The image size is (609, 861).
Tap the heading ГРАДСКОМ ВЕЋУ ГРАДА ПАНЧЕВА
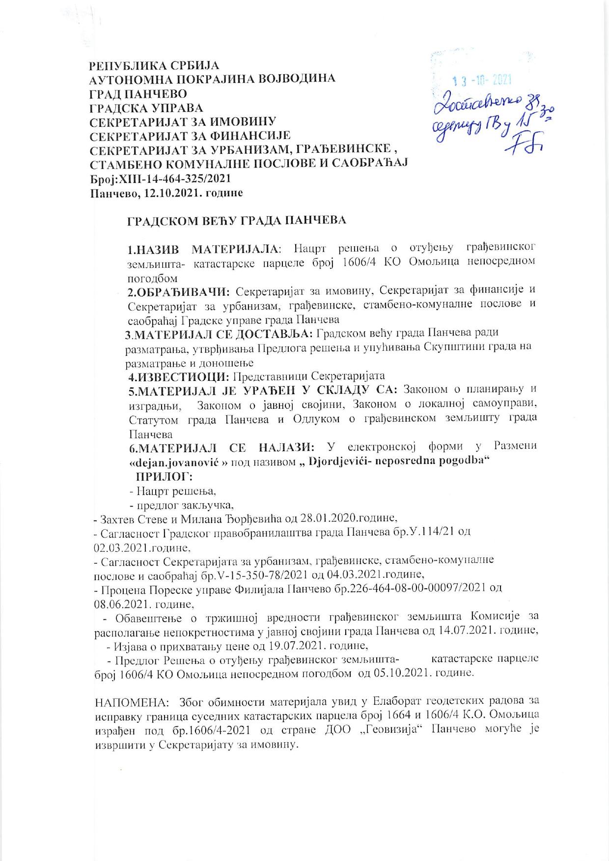(x=237, y=221)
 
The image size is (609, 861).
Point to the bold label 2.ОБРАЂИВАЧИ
(x=179, y=292)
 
